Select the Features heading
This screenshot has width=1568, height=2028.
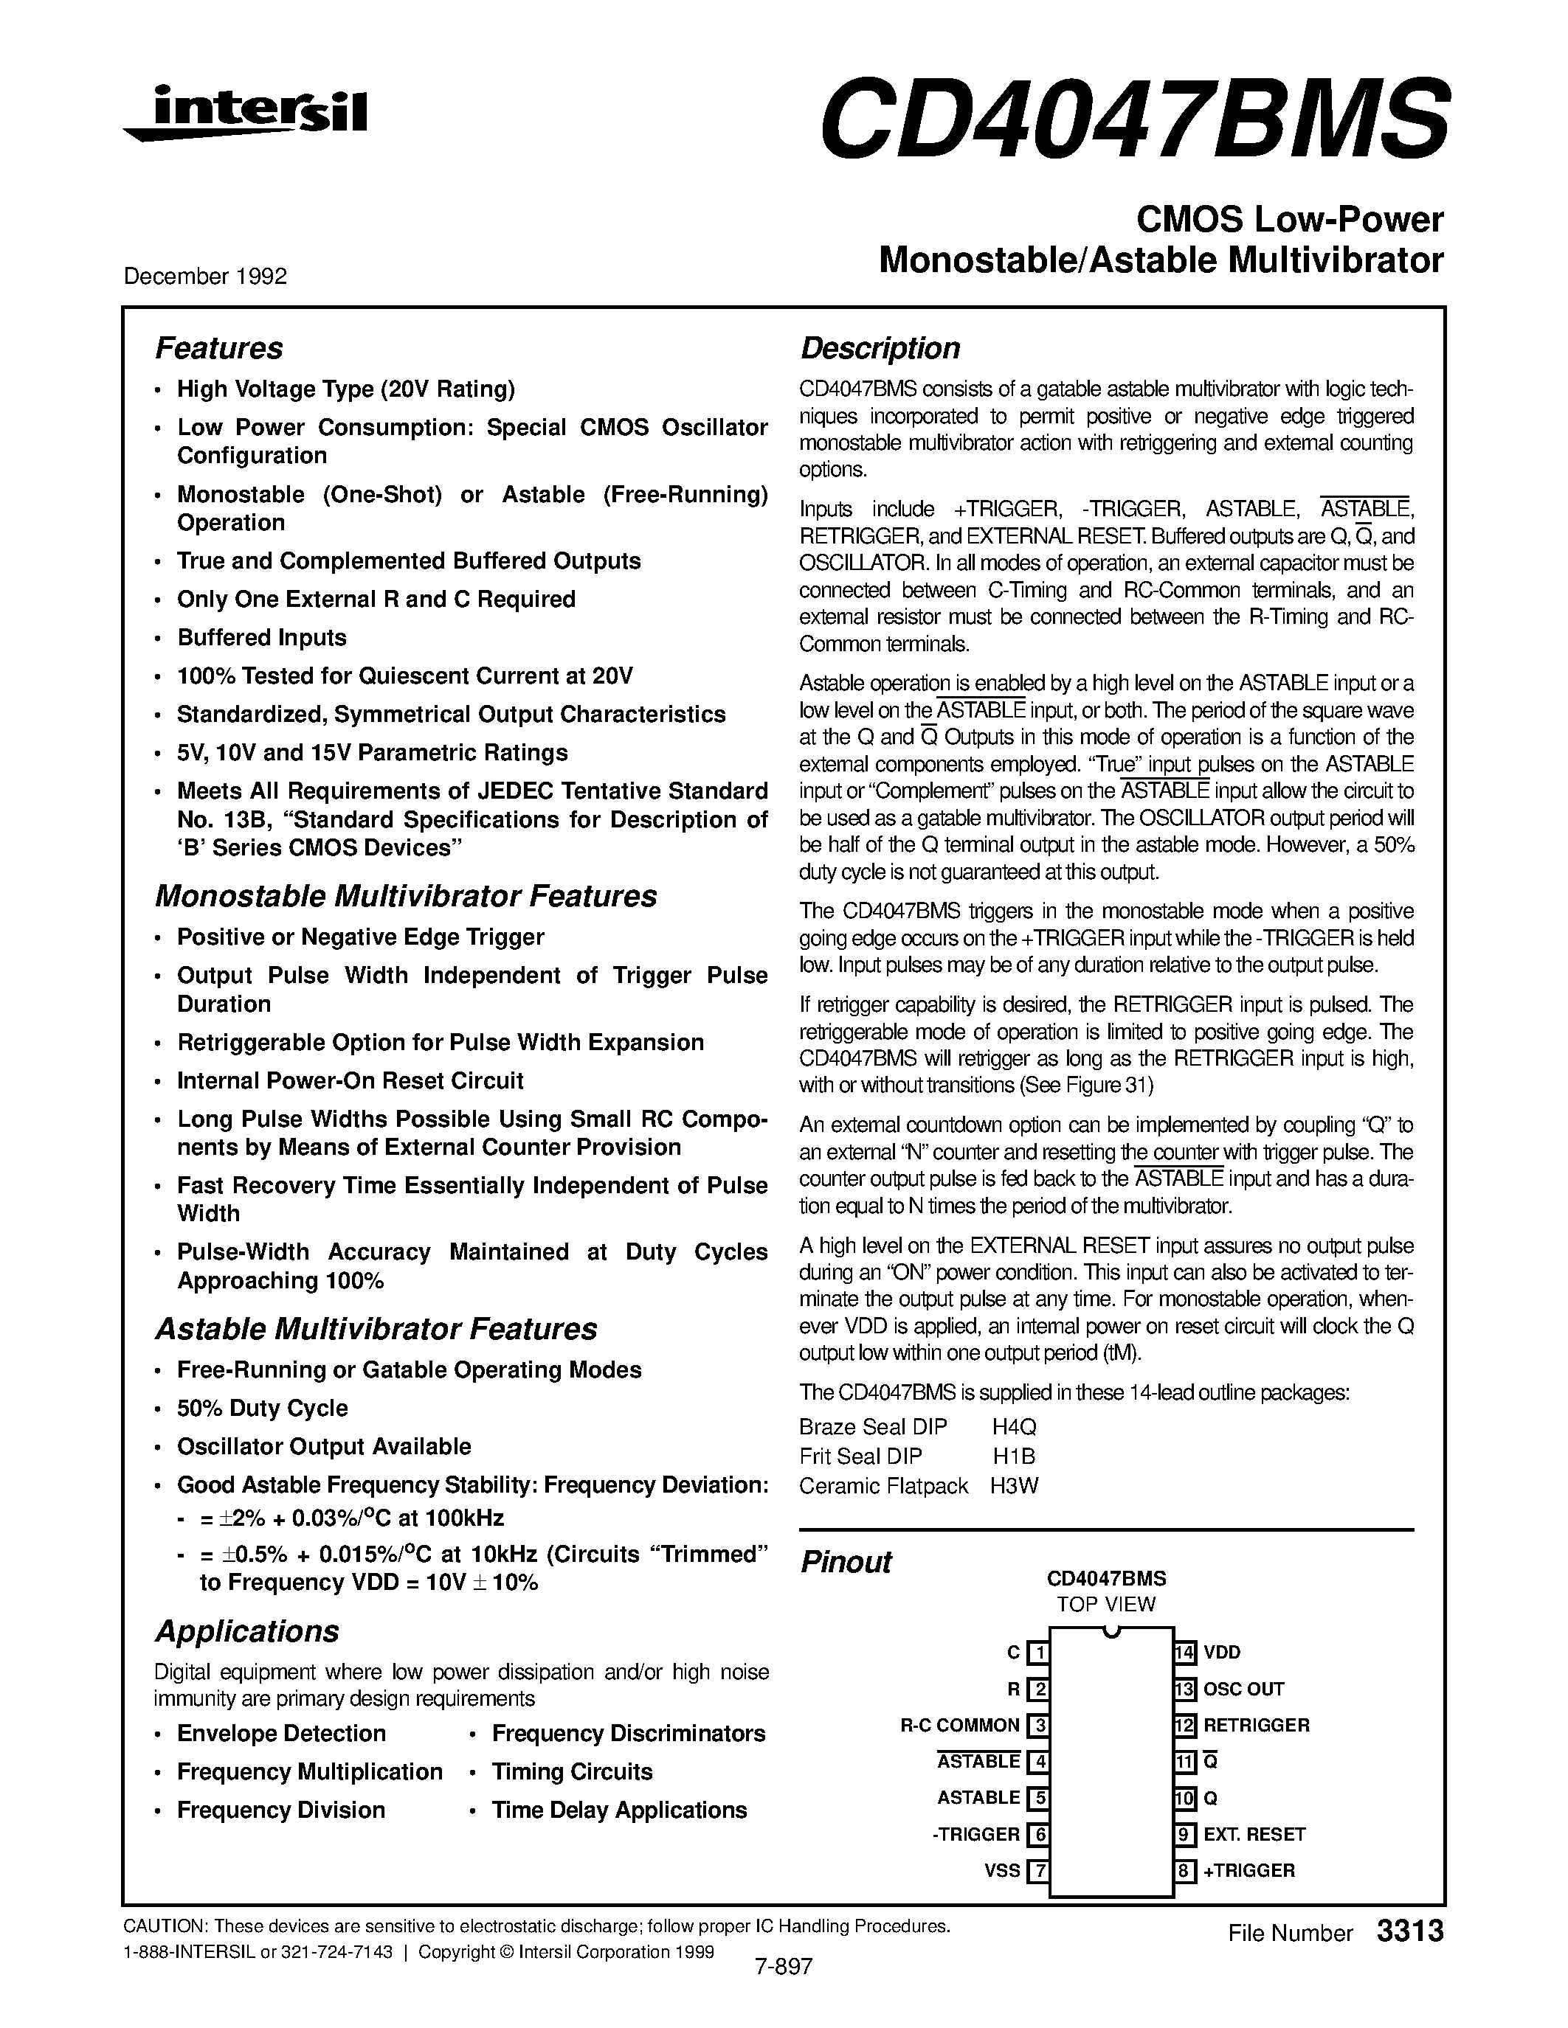[x=218, y=348]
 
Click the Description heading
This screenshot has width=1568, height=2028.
[x=880, y=348]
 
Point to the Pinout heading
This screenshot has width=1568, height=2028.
[x=846, y=1562]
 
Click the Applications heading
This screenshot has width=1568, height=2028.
[x=246, y=1631]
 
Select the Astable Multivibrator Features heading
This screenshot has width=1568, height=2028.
[x=376, y=1329]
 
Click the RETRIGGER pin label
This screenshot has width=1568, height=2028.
[x=1256, y=1726]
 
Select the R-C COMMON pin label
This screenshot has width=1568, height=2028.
[x=959, y=1726]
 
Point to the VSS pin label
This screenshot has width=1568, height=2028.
[x=1001, y=1871]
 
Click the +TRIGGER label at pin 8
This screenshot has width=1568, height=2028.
[x=1248, y=1871]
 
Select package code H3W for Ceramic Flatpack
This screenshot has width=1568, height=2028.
[x=1013, y=1486]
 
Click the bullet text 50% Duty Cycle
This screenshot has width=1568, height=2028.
[x=262, y=1408]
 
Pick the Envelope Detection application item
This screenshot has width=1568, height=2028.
[x=280, y=1734]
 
